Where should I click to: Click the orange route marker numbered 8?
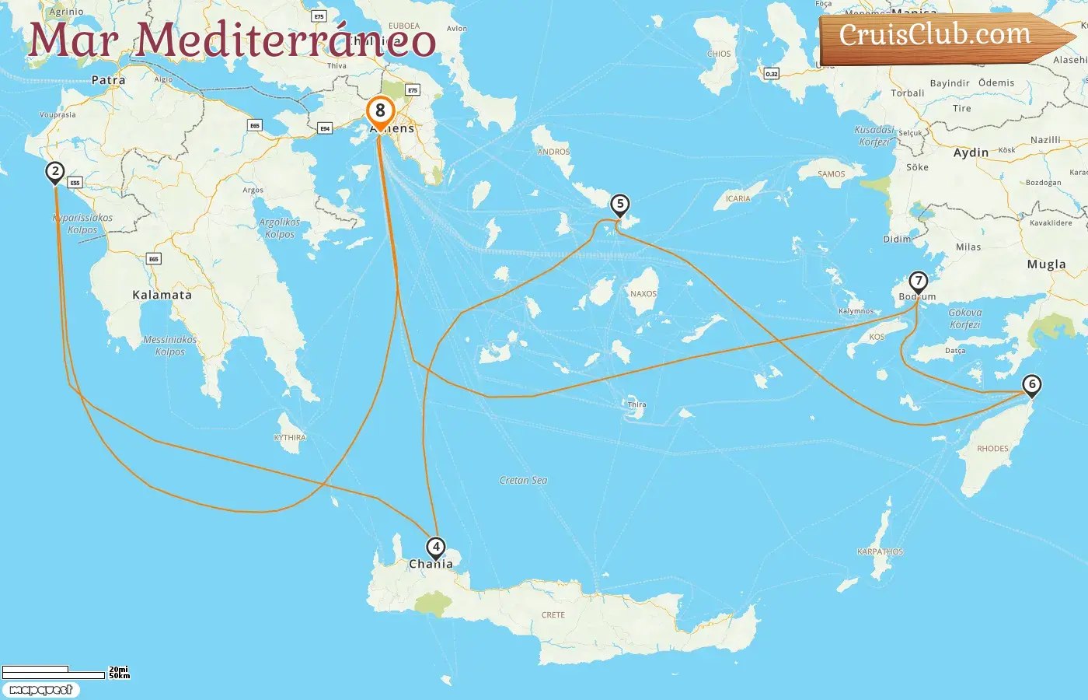click(380, 111)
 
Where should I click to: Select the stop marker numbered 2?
click(54, 172)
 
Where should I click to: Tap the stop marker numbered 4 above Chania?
click(436, 548)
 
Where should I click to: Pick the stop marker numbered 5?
click(619, 205)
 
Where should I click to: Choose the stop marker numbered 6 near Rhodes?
click(1032, 384)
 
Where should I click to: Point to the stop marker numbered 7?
click(919, 281)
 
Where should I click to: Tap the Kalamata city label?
click(162, 295)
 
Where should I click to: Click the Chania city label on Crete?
click(431, 564)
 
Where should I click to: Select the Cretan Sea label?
click(523, 481)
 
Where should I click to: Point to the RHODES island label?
click(992, 449)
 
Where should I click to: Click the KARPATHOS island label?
click(880, 551)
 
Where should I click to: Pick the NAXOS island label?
click(643, 294)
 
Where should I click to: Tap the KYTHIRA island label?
click(290, 438)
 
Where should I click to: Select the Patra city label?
click(108, 80)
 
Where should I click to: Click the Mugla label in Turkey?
click(1046, 264)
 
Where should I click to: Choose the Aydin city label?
click(971, 152)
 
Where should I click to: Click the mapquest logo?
click(40, 690)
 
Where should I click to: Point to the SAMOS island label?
click(831, 174)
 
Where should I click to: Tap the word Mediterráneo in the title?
click(285, 40)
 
